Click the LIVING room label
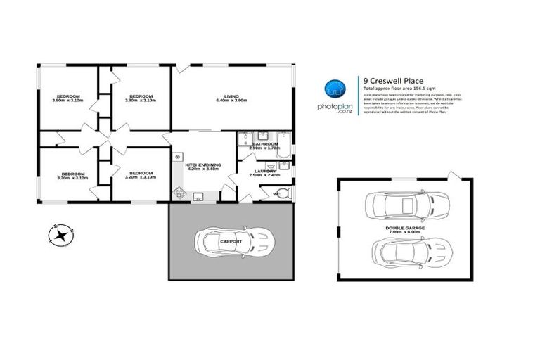click(231, 96)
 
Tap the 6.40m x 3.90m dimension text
click(231, 101)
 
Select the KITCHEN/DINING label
click(203, 165)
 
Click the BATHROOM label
click(266, 143)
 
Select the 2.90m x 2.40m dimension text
click(264, 176)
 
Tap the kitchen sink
click(199, 197)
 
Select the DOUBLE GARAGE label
click(399, 228)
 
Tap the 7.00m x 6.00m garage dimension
click(399, 233)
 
